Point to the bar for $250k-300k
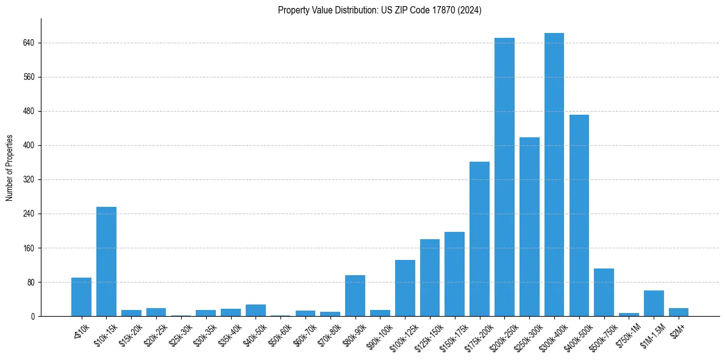[529, 226]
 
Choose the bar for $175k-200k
[479, 239]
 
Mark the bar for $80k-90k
[355, 295]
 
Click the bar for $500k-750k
[604, 292]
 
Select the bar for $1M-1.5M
[654, 303]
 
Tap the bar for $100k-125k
[405, 288]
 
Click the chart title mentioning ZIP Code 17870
[380, 10]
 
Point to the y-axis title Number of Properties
[10, 168]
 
